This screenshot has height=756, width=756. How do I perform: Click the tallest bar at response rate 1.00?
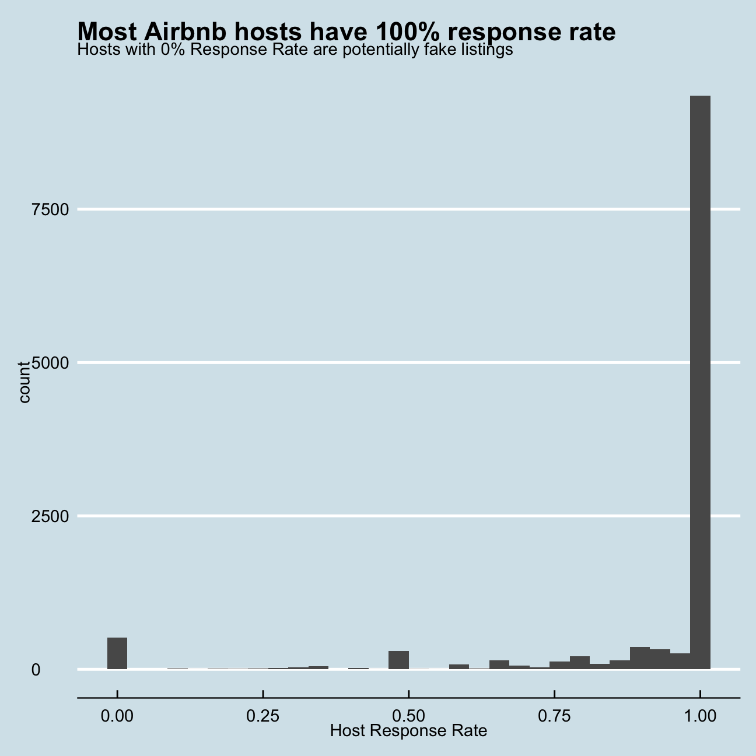pyautogui.click(x=700, y=382)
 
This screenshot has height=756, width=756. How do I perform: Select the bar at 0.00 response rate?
pyautogui.click(x=117, y=653)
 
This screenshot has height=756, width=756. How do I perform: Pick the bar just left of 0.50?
pyautogui.click(x=398, y=660)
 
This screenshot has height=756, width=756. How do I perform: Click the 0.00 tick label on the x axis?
pyautogui.click(x=117, y=716)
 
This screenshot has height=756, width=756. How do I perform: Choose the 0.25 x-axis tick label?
pyautogui.click(x=263, y=716)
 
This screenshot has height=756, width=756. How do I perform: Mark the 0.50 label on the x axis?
pyautogui.click(x=408, y=716)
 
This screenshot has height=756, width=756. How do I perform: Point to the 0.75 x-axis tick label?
pyautogui.click(x=554, y=716)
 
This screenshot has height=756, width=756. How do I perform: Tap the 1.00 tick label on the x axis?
pyautogui.click(x=699, y=716)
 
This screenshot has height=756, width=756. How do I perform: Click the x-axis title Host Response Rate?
pyautogui.click(x=408, y=731)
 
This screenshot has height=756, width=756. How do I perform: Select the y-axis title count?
pyautogui.click(x=24, y=382)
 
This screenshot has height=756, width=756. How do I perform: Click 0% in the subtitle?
pyautogui.click(x=173, y=50)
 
